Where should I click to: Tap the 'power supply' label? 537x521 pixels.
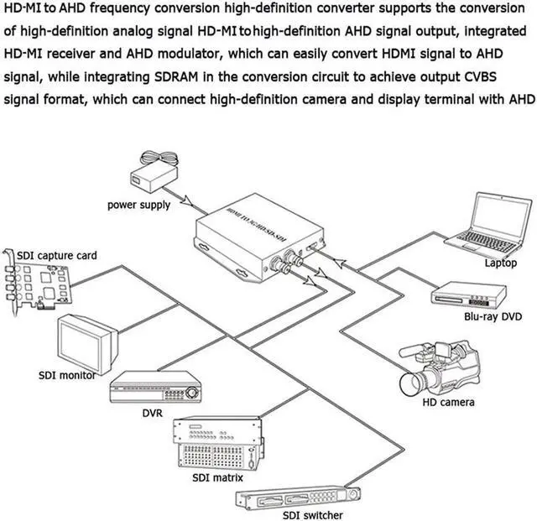point(138,205)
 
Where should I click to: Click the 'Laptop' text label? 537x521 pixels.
point(501,263)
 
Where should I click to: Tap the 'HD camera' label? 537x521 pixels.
point(447,403)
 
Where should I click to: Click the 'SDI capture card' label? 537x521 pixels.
point(57,255)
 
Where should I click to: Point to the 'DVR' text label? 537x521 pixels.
point(152,413)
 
